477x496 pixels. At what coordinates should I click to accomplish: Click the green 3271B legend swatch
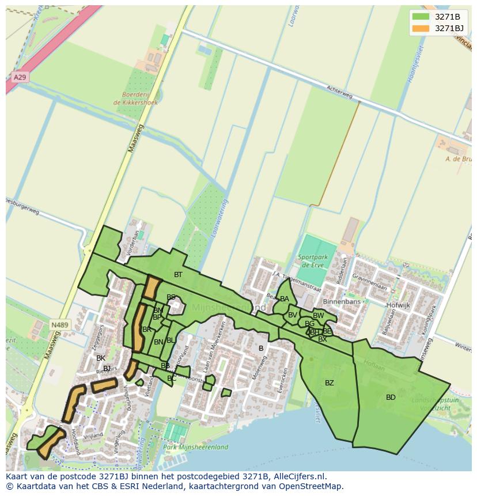(x=421, y=17)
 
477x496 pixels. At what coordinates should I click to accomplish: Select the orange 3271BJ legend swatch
(x=421, y=28)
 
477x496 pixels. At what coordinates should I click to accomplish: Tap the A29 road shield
(x=20, y=77)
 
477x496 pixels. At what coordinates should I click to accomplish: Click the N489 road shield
(x=59, y=325)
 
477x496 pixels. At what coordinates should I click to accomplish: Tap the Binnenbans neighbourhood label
(x=342, y=301)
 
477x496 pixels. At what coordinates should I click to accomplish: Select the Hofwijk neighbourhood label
(x=398, y=305)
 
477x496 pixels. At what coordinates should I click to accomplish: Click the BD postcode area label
(x=391, y=397)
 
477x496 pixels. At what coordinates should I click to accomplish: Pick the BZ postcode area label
(x=329, y=383)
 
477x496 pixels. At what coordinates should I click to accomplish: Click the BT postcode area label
(x=178, y=275)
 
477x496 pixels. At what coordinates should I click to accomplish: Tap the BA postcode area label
(x=285, y=299)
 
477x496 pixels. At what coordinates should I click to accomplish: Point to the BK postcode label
(x=101, y=358)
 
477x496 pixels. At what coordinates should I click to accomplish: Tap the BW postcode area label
(x=318, y=316)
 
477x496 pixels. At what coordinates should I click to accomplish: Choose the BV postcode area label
(x=293, y=315)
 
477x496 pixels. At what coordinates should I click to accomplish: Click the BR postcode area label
(x=147, y=330)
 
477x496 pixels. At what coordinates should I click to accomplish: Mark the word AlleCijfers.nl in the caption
(x=298, y=476)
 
